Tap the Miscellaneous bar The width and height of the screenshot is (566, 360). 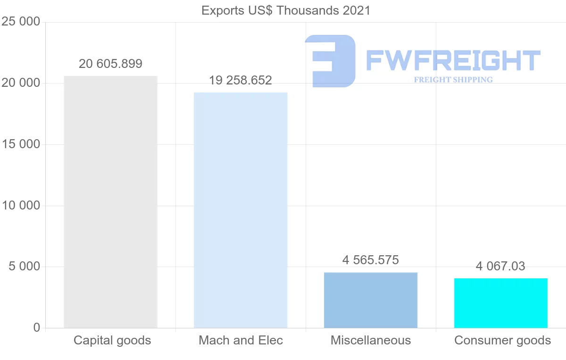click(x=371, y=300)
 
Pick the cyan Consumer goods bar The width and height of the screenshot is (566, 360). click(x=501, y=303)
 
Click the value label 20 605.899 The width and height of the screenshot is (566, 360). click(x=110, y=64)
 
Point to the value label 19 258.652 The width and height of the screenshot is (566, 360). click(x=241, y=81)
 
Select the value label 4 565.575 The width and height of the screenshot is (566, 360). click(x=371, y=260)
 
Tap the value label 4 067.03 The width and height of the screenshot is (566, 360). click(x=500, y=267)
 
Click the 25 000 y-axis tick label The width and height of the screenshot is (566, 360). click(x=21, y=22)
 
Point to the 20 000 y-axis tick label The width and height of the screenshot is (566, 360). click(x=21, y=84)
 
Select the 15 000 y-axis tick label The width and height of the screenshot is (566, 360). click(x=21, y=144)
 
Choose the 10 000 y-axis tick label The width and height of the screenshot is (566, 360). click(x=21, y=206)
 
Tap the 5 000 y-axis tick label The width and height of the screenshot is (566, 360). click(x=24, y=267)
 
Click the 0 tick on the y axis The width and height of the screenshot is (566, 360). click(x=37, y=328)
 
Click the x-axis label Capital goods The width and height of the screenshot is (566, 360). click(x=112, y=341)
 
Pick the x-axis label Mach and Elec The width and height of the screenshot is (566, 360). click(x=241, y=341)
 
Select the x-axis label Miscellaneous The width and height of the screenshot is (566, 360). click(x=371, y=341)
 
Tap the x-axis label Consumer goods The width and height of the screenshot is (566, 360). click(x=502, y=341)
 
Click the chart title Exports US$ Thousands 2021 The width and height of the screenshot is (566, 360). click(x=286, y=10)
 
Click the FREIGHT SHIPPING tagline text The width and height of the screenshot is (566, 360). click(x=453, y=80)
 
